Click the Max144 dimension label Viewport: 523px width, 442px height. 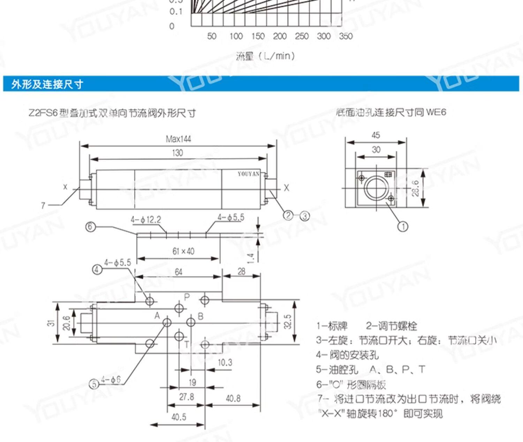[178, 139]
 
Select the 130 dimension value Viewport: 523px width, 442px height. [177, 153]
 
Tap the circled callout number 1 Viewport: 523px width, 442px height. [403, 227]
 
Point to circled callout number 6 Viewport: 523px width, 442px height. [90, 227]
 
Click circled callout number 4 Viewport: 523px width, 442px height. [97, 269]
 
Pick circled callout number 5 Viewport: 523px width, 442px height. [94, 384]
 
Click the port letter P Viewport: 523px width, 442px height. [187, 297]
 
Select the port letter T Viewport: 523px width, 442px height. [187, 345]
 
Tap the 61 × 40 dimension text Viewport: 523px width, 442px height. [183, 251]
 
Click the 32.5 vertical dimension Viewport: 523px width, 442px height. [288, 322]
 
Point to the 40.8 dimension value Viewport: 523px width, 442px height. [233, 398]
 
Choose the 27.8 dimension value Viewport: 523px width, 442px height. [187, 397]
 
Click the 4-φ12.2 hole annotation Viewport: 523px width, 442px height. [146, 220]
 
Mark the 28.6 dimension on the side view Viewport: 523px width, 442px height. [415, 189]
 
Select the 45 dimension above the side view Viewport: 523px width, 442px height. [376, 135]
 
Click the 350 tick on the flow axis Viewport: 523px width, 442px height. [346, 36]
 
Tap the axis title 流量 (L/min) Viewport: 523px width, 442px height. [265, 56]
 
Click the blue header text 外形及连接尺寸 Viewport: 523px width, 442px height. [47, 84]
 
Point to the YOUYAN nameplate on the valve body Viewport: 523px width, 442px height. [249, 174]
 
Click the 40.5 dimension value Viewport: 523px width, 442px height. [179, 417]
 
